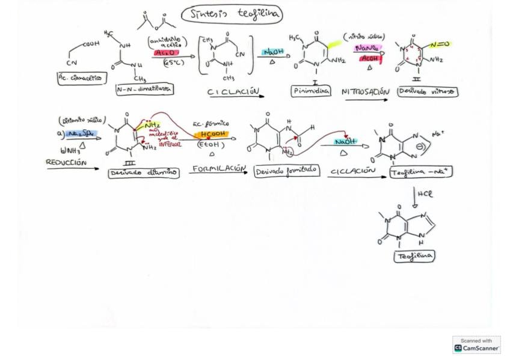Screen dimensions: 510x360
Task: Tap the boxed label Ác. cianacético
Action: click(79, 78)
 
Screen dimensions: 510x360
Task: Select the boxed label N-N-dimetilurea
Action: click(144, 89)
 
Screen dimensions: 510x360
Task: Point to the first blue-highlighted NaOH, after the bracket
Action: click(273, 52)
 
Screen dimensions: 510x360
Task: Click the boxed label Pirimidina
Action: click(310, 91)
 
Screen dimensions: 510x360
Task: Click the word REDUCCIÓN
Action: click(66, 162)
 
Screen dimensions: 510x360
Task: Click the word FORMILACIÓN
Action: click(218, 169)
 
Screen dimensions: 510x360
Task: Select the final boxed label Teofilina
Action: click(414, 256)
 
